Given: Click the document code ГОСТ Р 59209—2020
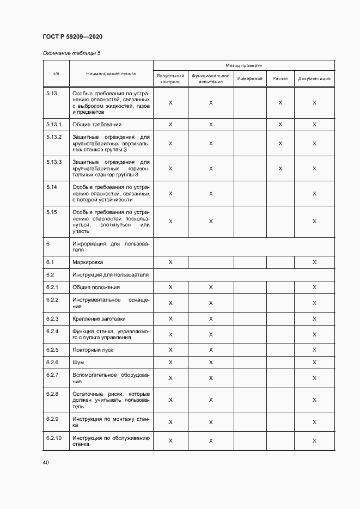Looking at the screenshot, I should pyautogui.click(x=72, y=36).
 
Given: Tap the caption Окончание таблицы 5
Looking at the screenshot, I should pyautogui.click(x=71, y=53).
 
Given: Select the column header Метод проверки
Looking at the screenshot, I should pyautogui.click(x=243, y=65).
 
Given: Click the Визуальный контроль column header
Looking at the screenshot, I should pyautogui.click(x=170, y=78).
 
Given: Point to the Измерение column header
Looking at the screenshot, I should pyautogui.click(x=250, y=78).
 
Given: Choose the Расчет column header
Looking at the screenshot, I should pyautogui.click(x=280, y=78).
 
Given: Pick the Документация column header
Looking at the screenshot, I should pyautogui.click(x=314, y=78).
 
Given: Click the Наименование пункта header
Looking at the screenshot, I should pyautogui.click(x=111, y=73).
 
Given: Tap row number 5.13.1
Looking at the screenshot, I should pyautogui.click(x=54, y=125).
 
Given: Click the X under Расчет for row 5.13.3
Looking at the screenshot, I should pyautogui.click(x=280, y=169).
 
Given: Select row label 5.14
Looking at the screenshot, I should pyautogui.click(x=52, y=187).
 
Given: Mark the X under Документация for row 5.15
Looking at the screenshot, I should pyautogui.click(x=314, y=221).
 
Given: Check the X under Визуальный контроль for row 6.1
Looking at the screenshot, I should pyautogui.click(x=170, y=262).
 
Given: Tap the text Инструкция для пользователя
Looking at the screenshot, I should pyautogui.click(x=111, y=275).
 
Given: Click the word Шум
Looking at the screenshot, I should pyautogui.click(x=78, y=362).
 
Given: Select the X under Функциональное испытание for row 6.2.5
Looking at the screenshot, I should pyautogui.click(x=211, y=350).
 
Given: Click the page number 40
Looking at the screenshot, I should pyautogui.click(x=46, y=462).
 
